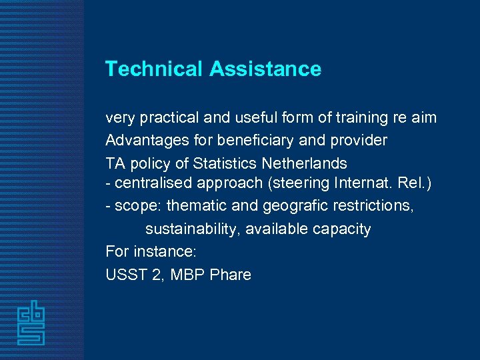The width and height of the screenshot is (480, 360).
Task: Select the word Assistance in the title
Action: click(265, 69)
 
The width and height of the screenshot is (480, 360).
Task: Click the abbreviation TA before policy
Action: click(115, 163)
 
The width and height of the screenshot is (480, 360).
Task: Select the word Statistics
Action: click(222, 163)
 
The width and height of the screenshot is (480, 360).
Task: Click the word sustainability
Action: click(193, 229)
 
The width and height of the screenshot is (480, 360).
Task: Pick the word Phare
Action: click(230, 275)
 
